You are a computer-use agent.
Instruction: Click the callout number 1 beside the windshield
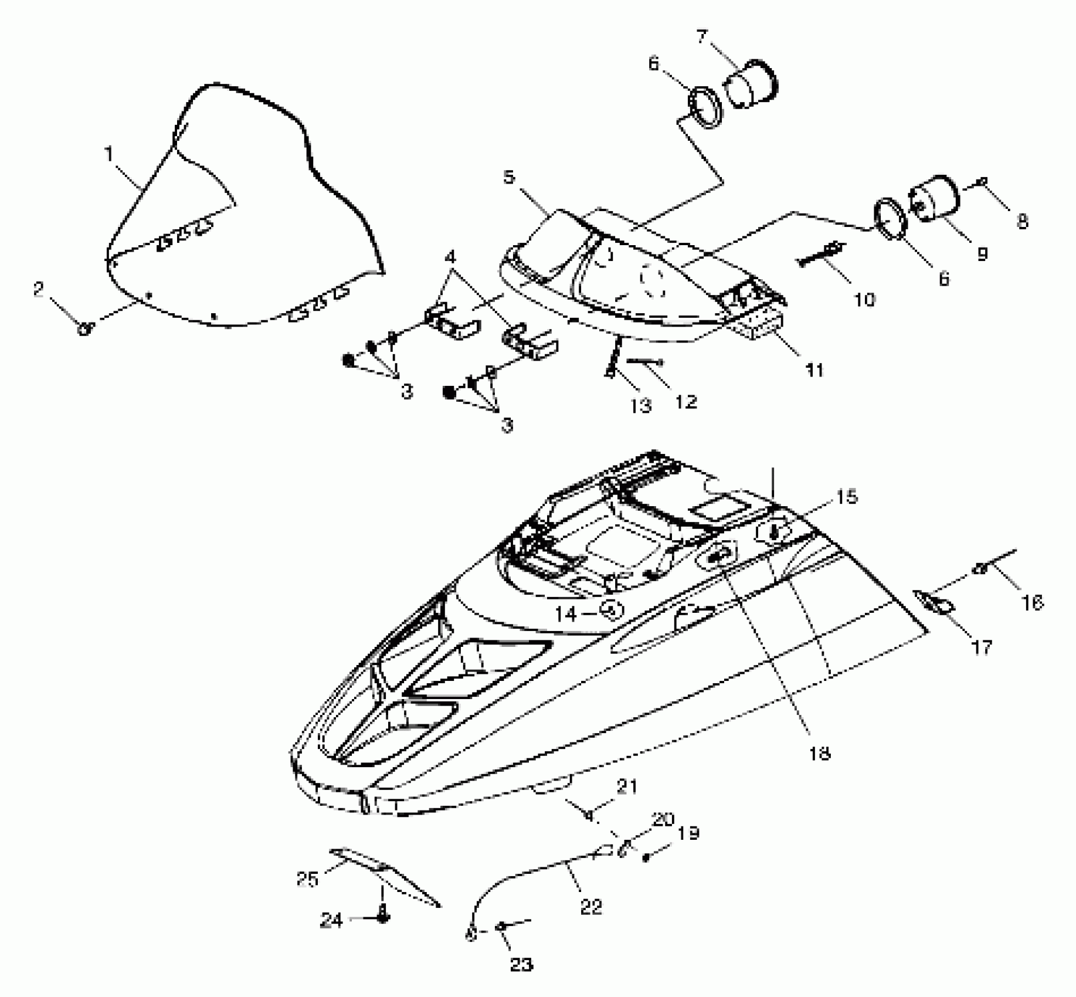coord(108,154)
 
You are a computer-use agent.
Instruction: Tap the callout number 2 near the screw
coord(39,289)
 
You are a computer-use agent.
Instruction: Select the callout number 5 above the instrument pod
coord(509,177)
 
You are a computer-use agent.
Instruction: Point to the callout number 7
coord(702,37)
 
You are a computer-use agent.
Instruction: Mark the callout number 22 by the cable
coord(590,907)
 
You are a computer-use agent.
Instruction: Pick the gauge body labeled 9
coord(935,199)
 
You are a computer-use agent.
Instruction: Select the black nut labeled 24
coord(383,918)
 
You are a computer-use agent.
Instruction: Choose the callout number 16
coord(1032,602)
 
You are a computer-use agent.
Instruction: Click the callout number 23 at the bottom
coord(521,964)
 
